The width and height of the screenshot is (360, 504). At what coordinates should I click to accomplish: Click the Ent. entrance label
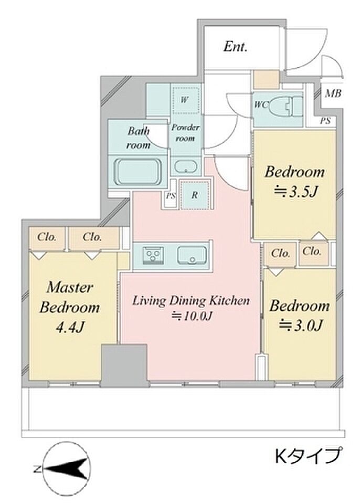pos(236,47)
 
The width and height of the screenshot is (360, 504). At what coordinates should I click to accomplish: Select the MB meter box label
pos(333,93)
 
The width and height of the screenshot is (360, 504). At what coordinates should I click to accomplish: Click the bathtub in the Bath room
pos(138,172)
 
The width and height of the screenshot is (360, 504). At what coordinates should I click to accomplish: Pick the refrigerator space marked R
pos(195,194)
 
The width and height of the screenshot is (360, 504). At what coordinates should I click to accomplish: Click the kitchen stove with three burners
pos(153,256)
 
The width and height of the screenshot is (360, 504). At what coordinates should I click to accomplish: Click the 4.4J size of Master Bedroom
pos(70,327)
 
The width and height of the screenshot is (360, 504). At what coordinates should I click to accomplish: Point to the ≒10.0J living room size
pos(192,317)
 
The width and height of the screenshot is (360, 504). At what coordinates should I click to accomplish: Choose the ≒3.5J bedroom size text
pos(295,192)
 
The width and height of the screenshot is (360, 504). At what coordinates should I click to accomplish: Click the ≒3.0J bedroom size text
pos(300,325)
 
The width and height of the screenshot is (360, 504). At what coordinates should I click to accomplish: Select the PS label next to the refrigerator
pos(171,195)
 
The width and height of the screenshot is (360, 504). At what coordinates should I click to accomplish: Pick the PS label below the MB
pos(325,121)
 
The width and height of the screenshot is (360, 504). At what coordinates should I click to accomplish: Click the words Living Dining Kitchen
pos(191,301)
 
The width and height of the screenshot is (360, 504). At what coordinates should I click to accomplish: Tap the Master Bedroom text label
pos(70,297)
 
